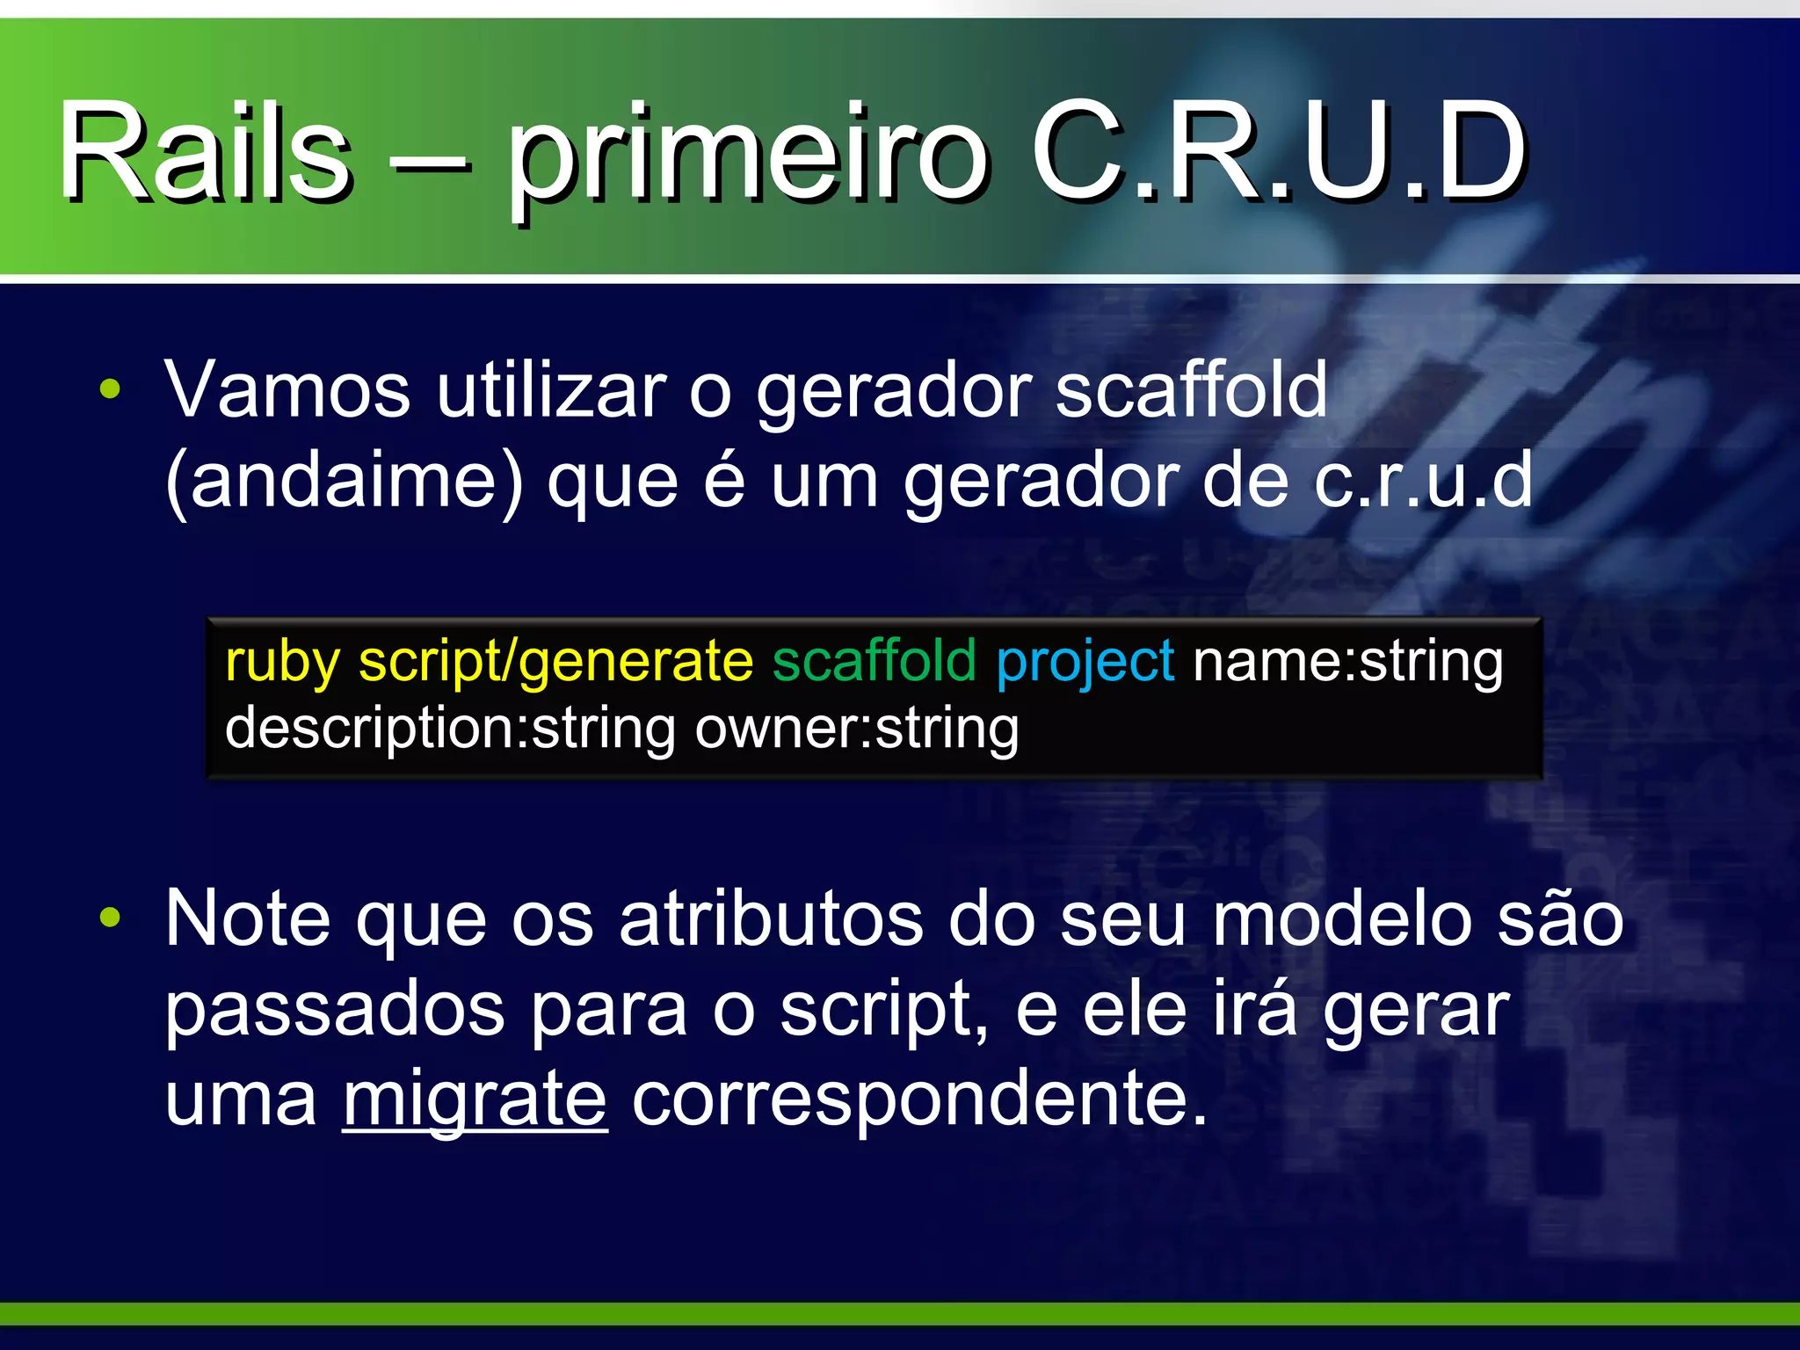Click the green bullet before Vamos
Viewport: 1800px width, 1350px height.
click(x=110, y=389)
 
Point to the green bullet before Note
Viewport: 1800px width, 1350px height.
click(x=110, y=918)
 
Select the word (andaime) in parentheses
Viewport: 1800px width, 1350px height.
click(x=344, y=482)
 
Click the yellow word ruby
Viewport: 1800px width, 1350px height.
click(x=282, y=661)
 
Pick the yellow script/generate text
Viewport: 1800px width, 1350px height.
click(x=555, y=661)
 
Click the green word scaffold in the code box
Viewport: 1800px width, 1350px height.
click(x=874, y=661)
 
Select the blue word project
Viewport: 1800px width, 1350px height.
click(x=1085, y=661)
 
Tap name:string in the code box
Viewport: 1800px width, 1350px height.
click(x=1346, y=661)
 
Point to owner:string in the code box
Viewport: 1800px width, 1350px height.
click(x=856, y=729)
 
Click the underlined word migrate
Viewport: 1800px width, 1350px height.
click(x=475, y=1099)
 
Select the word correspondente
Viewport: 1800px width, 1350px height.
click(x=919, y=1099)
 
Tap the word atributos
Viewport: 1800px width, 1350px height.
click(x=771, y=918)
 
